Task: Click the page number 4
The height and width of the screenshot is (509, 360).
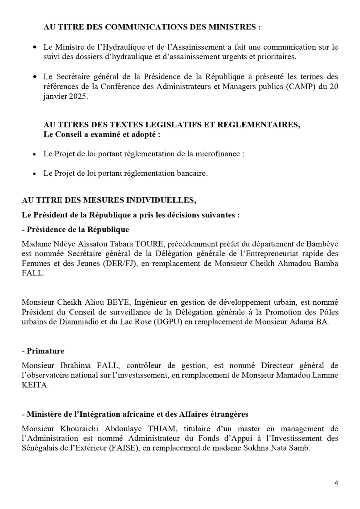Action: [x=336, y=484]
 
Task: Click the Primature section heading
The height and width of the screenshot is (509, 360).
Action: [x=45, y=351]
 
